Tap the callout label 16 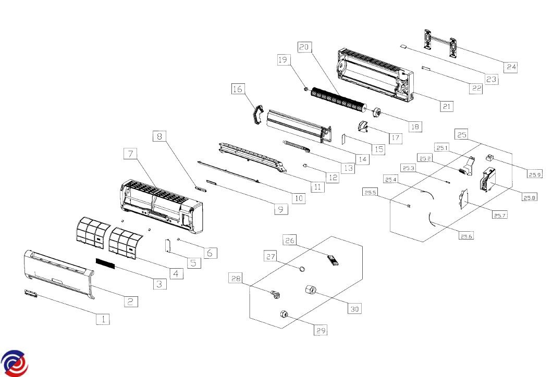click(237, 90)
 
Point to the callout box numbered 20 click(304, 46)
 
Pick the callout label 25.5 click(371, 193)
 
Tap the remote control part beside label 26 click(332, 260)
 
